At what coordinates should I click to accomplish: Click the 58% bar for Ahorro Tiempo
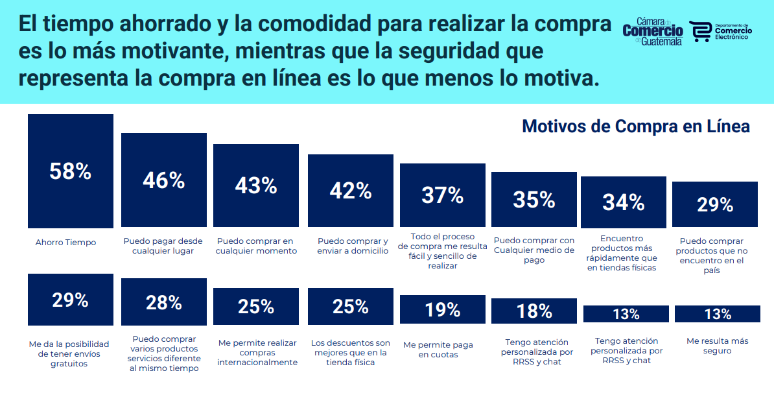tap(71, 171)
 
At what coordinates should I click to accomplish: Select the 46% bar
tap(164, 180)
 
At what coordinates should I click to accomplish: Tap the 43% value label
tap(255, 185)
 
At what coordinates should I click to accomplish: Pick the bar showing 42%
tap(351, 191)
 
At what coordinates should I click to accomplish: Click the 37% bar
tap(443, 195)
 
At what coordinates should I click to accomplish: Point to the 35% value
tap(534, 200)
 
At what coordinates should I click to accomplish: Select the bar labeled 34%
tap(624, 202)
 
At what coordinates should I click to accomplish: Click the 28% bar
tap(164, 302)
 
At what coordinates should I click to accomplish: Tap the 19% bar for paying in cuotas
tap(443, 309)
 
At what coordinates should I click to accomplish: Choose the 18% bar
tap(534, 311)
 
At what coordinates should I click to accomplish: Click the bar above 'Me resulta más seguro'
tap(718, 314)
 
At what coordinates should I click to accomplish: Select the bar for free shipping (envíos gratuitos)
tap(71, 300)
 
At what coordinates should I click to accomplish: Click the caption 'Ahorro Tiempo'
tap(65, 243)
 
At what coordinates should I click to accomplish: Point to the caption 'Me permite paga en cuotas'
tap(438, 350)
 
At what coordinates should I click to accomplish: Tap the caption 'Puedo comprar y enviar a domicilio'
tap(353, 246)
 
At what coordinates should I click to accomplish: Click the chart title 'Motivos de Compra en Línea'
tap(636, 126)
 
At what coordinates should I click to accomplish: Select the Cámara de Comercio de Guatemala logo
tap(653, 32)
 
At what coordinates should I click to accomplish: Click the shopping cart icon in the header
tap(701, 32)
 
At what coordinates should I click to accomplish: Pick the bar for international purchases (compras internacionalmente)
tap(255, 306)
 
